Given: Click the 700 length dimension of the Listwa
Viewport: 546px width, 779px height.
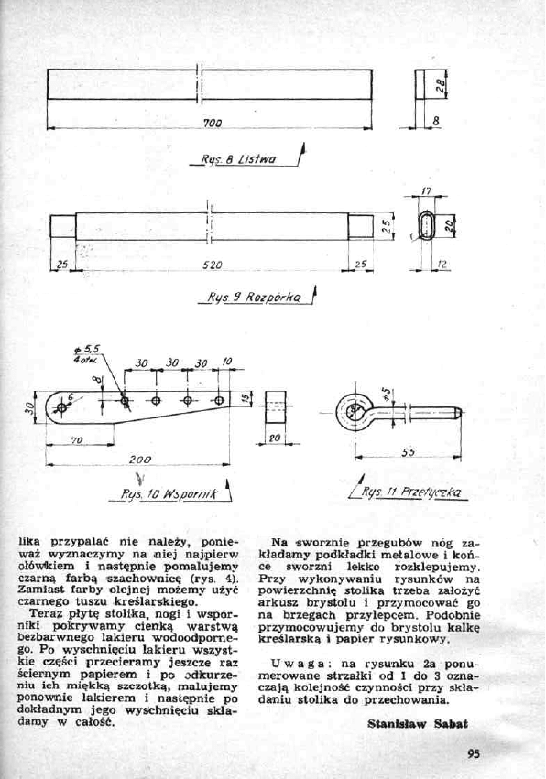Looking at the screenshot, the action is pyautogui.click(x=210, y=124).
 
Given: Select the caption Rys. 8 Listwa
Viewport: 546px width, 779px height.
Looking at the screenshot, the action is pyautogui.click(x=239, y=158).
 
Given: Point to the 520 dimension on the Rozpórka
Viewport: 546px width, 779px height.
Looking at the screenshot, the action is pyautogui.click(x=212, y=265).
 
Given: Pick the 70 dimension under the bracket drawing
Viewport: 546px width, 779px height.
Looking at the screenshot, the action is pyautogui.click(x=77, y=440).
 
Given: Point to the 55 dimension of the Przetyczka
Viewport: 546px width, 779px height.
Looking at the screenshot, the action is pyautogui.click(x=409, y=452).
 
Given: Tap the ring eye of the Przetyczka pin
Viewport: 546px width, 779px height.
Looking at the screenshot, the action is pyautogui.click(x=353, y=409).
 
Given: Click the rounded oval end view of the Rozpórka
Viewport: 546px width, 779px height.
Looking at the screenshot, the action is pyautogui.click(x=427, y=224).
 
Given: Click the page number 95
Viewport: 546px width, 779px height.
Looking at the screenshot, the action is pyautogui.click(x=473, y=755).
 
